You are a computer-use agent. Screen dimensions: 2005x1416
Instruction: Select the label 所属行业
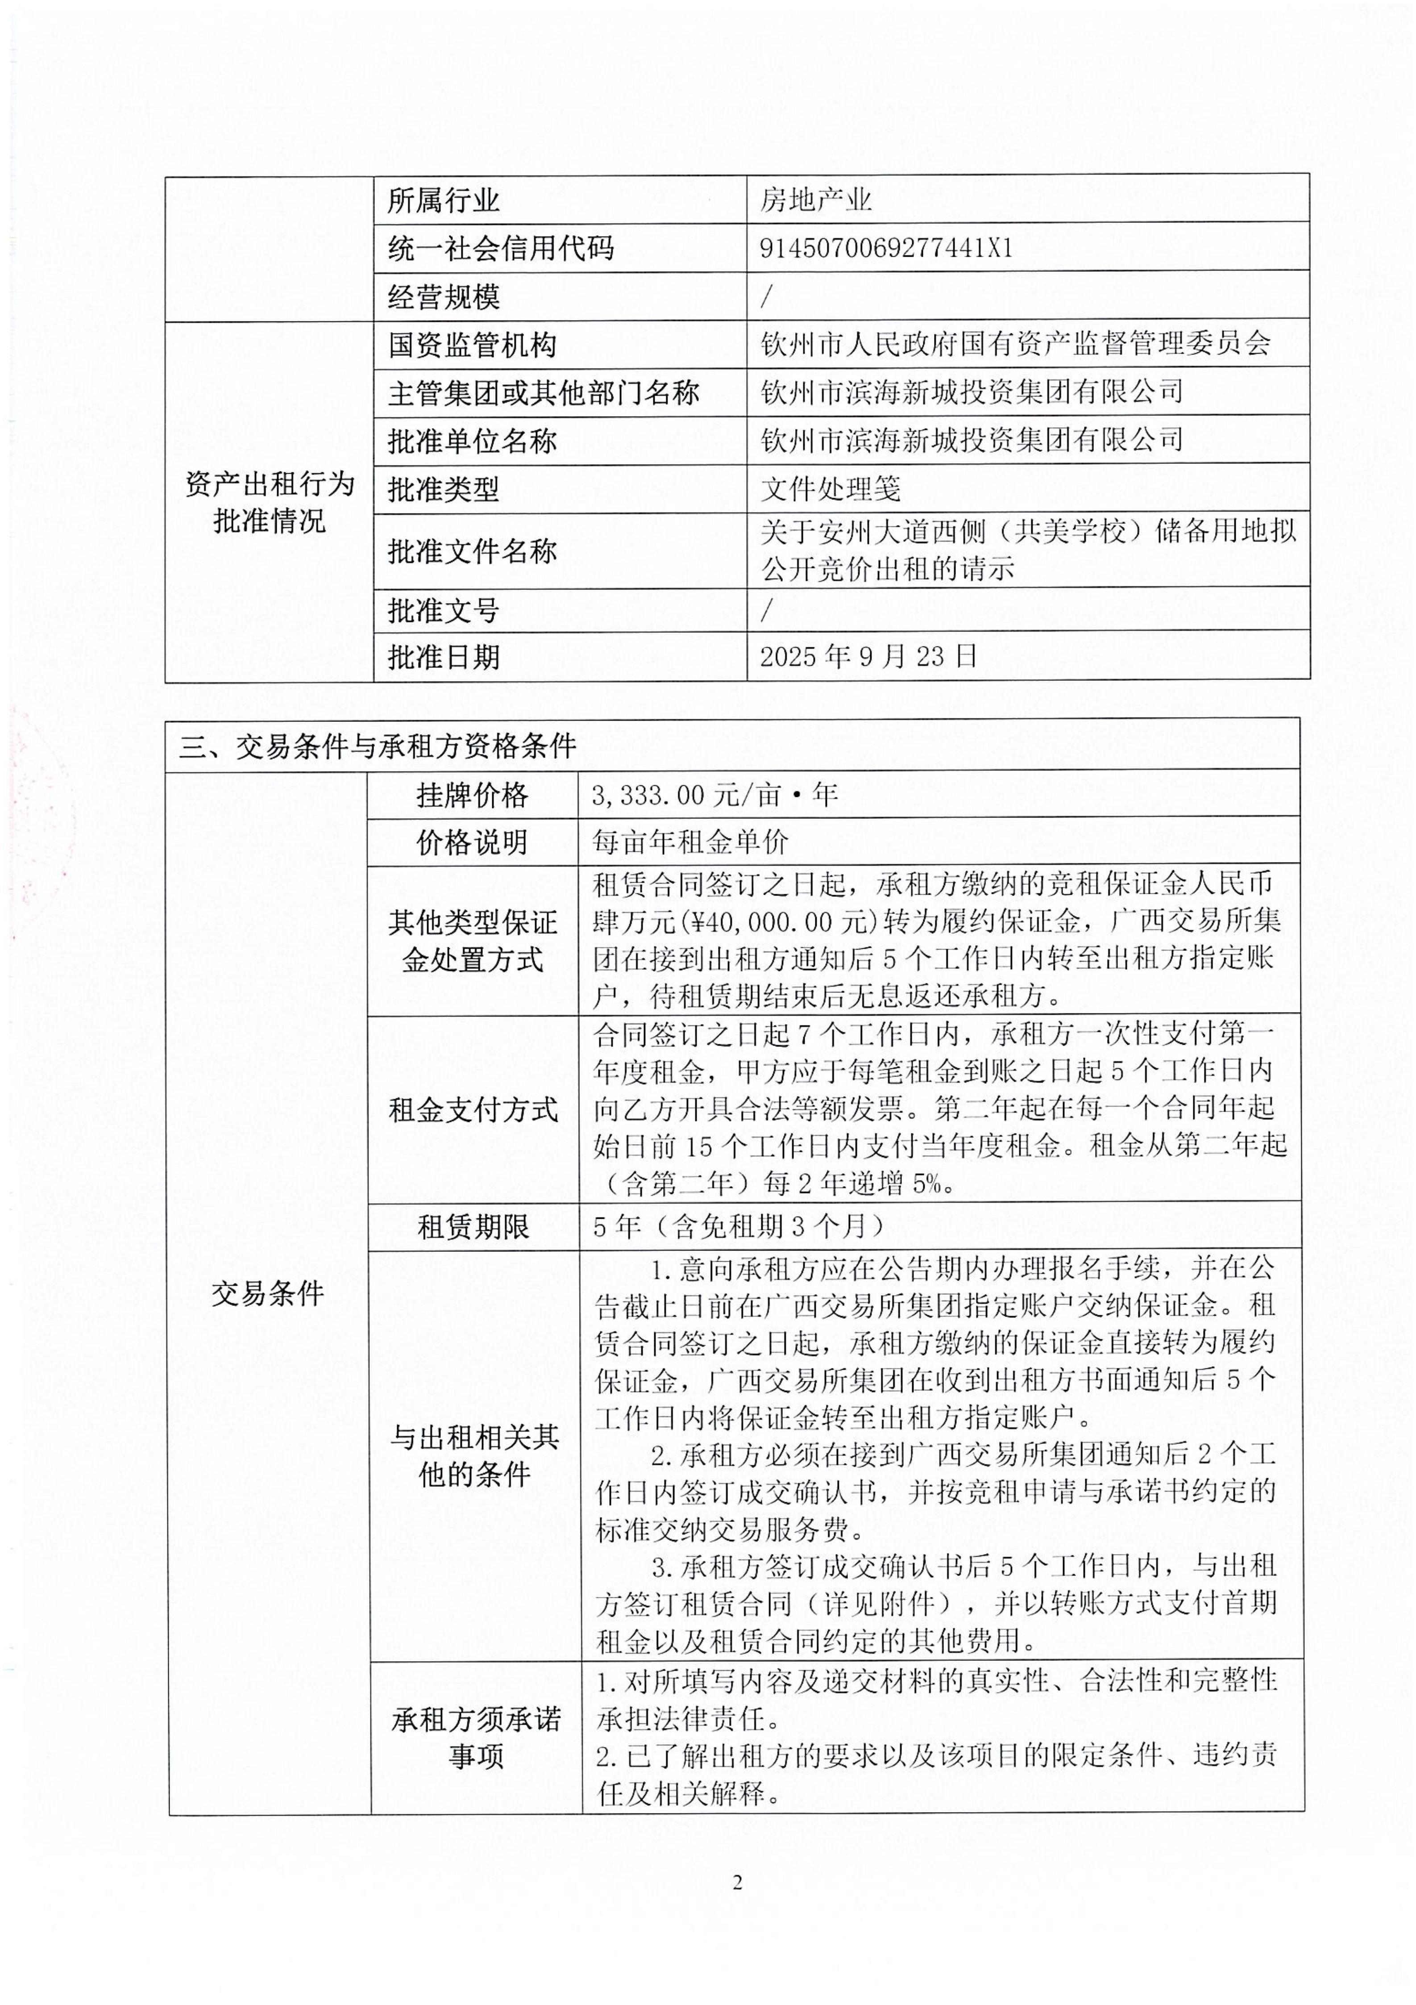pyautogui.click(x=444, y=201)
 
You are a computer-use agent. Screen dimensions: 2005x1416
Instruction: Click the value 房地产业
pyautogui.click(x=815, y=201)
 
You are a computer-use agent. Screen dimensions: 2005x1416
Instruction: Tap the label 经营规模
pyautogui.click(x=444, y=297)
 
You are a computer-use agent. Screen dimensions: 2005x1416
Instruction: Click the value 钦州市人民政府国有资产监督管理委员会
pyautogui.click(x=1015, y=344)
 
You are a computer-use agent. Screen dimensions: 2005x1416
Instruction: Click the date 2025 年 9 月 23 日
pyautogui.click(x=868, y=657)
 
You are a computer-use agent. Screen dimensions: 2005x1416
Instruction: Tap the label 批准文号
pyautogui.click(x=444, y=610)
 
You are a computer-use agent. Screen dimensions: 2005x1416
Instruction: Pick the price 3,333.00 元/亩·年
pyautogui.click(x=714, y=795)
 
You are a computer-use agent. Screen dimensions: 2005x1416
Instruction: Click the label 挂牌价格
pyautogui.click(x=472, y=795)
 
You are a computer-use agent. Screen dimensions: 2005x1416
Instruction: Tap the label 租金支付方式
pyautogui.click(x=472, y=1110)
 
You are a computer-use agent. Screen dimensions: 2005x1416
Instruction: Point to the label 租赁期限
pyautogui.click(x=472, y=1228)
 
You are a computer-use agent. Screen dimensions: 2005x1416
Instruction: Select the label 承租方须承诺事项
pyautogui.click(x=476, y=1738)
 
